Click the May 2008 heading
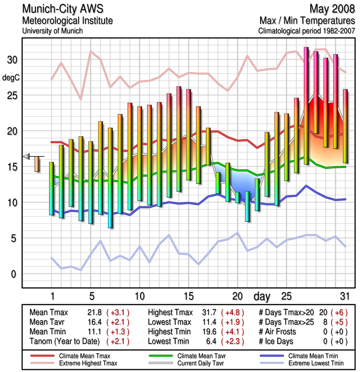tap(334, 9)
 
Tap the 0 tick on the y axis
tap(13, 274)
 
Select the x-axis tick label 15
tap(189, 296)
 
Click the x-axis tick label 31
tap(344, 296)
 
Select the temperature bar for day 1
tap(52, 188)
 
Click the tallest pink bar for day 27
tap(306, 105)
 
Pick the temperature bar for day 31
tap(345, 126)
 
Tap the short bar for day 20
tap(238, 198)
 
